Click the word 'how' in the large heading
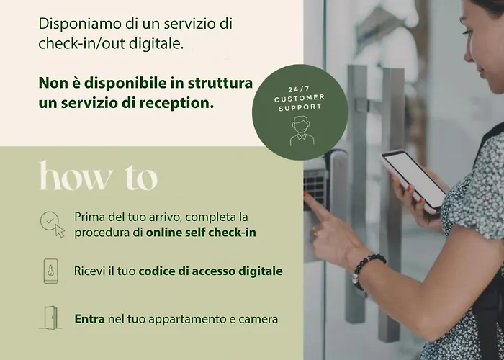(76, 176)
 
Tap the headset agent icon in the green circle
(302, 131)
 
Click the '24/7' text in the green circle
(299, 89)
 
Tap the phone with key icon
(51, 271)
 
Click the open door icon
(51, 318)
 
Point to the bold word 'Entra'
(90, 319)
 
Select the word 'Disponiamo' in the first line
(80, 24)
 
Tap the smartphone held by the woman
(413, 181)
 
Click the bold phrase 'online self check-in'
(201, 233)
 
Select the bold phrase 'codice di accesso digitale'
(210, 271)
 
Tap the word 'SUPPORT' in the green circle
(300, 107)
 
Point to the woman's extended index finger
(318, 206)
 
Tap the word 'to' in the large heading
(141, 178)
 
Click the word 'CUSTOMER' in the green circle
(300, 99)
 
